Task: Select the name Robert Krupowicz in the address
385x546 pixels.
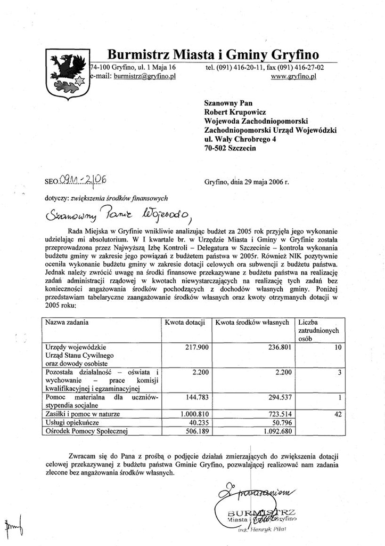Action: pyautogui.click(x=235, y=112)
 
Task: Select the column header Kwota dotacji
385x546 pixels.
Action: pyautogui.click(x=184, y=323)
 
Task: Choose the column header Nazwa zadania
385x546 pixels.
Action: pyautogui.click(x=67, y=323)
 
